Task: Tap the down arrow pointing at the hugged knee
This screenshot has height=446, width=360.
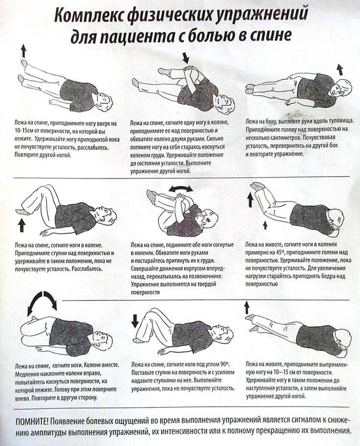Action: pyautogui.click(x=185, y=57)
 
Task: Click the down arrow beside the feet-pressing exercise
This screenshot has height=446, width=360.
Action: pyautogui.click(x=135, y=321)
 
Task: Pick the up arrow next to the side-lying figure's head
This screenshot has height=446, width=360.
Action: pyautogui.click(x=339, y=69)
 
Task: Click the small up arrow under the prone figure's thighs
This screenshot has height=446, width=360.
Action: pyautogui.click(x=265, y=225)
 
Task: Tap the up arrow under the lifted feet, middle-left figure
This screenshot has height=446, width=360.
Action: pyautogui.click(x=22, y=225)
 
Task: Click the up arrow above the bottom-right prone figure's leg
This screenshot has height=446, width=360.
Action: pyautogui.click(x=247, y=308)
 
